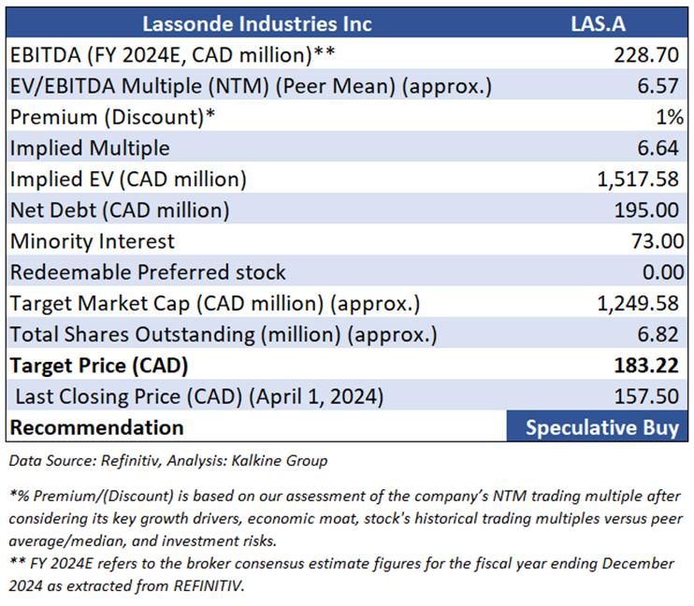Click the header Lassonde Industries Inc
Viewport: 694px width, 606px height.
point(256,24)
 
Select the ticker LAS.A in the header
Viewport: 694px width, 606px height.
point(598,24)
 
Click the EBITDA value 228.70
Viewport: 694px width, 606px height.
point(646,55)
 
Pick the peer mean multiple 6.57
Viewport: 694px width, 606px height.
point(658,86)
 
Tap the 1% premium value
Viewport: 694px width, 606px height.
point(670,117)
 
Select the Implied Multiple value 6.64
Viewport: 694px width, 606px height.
point(658,148)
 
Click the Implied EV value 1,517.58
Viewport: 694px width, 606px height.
point(638,180)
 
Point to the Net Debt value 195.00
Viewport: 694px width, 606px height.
point(646,210)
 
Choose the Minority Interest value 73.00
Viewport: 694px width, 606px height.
point(658,241)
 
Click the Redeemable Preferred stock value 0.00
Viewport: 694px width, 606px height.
point(663,272)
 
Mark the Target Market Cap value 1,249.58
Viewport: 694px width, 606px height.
point(638,304)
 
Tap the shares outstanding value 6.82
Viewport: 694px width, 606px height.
point(658,334)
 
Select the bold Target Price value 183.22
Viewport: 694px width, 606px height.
point(646,366)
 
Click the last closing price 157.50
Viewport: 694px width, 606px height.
point(646,397)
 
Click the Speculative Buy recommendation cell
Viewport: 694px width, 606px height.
point(597,426)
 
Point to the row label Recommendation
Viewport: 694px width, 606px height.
point(97,427)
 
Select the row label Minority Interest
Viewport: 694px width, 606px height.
point(93,241)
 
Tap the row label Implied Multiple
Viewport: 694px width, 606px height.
point(90,149)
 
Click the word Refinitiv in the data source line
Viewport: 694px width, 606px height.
point(130,461)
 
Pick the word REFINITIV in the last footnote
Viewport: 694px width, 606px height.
point(208,585)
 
